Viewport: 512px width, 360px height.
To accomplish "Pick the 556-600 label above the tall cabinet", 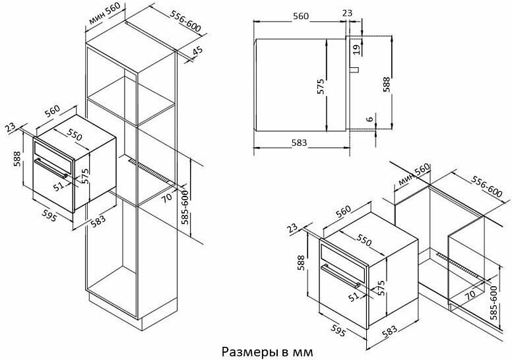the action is (x=185, y=21).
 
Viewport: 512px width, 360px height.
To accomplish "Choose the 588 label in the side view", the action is (x=387, y=84).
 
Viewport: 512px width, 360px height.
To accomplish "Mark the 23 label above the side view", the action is (x=348, y=13).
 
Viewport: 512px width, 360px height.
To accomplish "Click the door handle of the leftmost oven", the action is (x=51, y=167).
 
